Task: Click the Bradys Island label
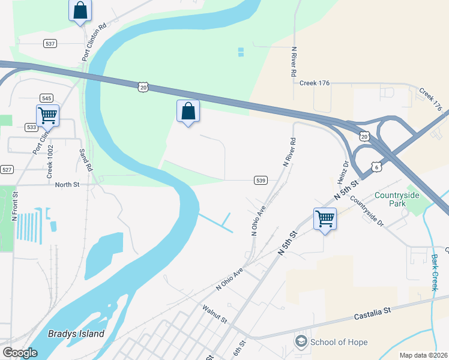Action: (x=76, y=334)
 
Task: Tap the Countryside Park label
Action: (x=398, y=199)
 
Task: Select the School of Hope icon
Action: (x=300, y=342)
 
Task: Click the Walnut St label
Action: (x=214, y=314)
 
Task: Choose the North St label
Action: (x=67, y=185)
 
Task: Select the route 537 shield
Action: (x=50, y=44)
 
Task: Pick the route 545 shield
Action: (x=46, y=98)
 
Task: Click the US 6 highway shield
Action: (x=376, y=166)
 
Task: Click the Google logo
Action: (x=20, y=353)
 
